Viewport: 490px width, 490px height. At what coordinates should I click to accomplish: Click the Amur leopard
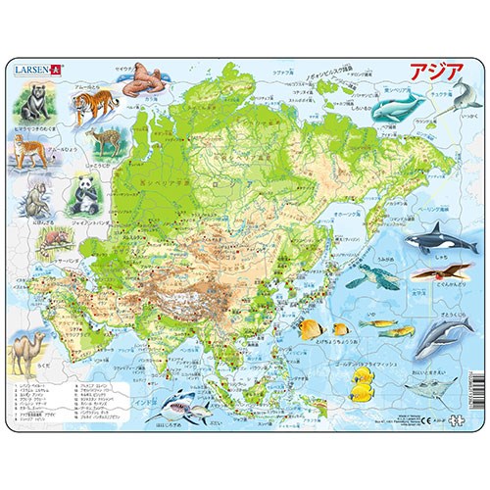tap(27, 152)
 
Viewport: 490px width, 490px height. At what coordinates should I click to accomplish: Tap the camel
tap(28, 349)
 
